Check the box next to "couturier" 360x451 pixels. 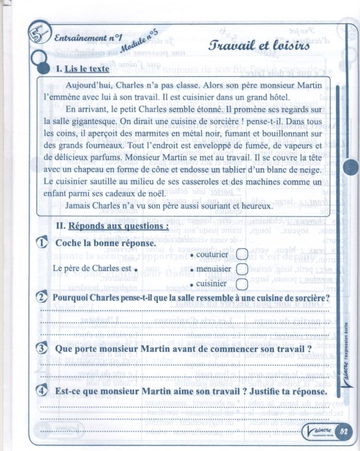click(242, 254)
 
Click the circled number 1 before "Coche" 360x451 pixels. click(43, 243)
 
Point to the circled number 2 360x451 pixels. click(43, 298)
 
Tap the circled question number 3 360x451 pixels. click(43, 348)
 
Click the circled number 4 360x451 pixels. click(43, 391)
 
